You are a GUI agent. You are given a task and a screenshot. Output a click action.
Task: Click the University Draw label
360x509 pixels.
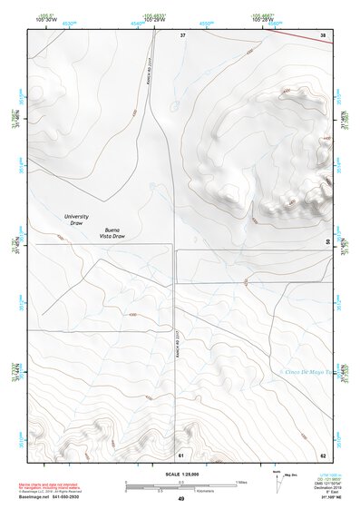pyautogui.click(x=77, y=220)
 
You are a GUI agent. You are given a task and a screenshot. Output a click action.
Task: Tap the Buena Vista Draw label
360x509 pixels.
pyautogui.click(x=120, y=233)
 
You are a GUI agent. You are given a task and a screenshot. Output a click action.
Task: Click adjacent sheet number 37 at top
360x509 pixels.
pyautogui.click(x=182, y=35)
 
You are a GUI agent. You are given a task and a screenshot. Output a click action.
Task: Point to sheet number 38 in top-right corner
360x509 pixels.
pyautogui.click(x=323, y=35)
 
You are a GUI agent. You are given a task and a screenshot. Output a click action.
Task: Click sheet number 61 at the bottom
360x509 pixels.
pyautogui.click(x=181, y=454)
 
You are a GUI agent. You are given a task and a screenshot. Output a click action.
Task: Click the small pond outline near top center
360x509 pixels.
pyautogui.click(x=174, y=107)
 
